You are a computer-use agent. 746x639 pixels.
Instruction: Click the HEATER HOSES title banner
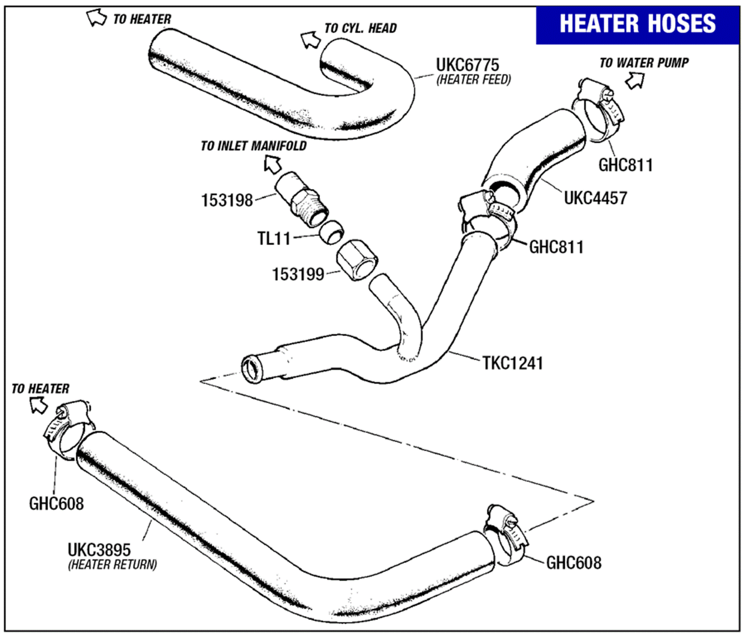637,25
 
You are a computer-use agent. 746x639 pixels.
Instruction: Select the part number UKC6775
467,65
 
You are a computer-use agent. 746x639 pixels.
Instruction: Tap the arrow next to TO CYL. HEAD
311,39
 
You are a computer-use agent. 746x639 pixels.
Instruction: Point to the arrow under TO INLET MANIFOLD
273,165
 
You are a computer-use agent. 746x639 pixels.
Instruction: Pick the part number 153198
227,200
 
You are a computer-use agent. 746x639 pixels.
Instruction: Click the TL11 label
273,238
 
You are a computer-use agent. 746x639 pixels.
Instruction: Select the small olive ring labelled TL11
331,232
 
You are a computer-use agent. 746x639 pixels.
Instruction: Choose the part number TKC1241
513,363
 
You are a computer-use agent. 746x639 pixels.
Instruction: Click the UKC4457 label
595,198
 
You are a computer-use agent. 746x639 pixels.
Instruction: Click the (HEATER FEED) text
473,80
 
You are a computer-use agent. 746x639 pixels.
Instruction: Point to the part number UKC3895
99,550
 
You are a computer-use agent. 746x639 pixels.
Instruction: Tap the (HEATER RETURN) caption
112,564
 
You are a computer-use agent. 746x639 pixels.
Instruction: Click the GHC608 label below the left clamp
56,504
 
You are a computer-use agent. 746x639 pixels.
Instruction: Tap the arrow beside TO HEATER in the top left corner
96,18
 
